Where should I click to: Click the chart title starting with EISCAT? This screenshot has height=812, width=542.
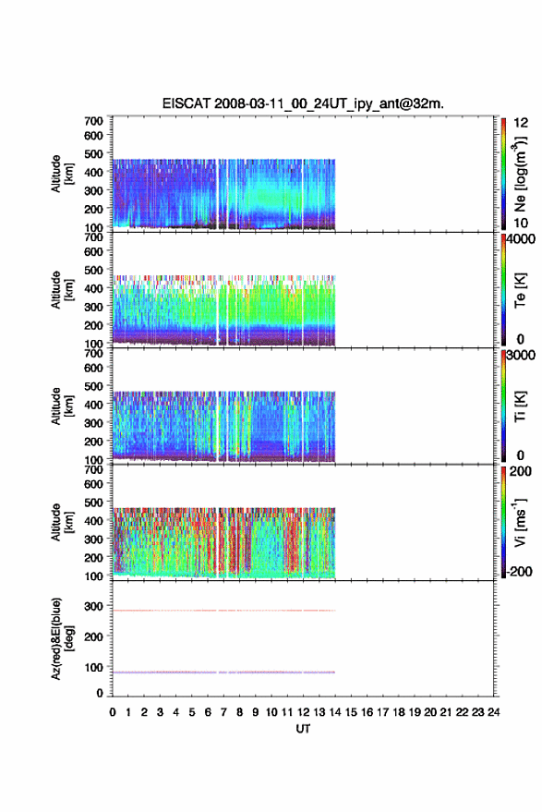(x=303, y=103)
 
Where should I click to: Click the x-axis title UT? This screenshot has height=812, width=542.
(x=303, y=729)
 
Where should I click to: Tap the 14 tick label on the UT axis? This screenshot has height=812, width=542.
(x=335, y=712)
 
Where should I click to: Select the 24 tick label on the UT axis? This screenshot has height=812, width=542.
(x=493, y=712)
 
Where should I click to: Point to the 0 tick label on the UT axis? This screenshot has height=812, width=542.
(x=113, y=712)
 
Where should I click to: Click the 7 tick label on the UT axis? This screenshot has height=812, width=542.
(x=223, y=712)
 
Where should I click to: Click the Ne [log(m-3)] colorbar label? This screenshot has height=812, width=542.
(x=520, y=174)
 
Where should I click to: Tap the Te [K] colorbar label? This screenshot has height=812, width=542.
(x=520, y=290)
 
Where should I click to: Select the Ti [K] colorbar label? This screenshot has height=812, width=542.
(x=520, y=406)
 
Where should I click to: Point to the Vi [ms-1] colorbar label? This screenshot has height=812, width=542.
(x=520, y=522)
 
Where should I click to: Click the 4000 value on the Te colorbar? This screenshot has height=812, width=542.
(x=521, y=239)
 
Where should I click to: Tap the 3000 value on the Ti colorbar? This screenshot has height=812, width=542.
(x=521, y=356)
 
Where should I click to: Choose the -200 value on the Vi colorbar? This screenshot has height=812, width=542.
(x=519, y=571)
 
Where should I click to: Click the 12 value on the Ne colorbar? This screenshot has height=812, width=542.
(x=521, y=123)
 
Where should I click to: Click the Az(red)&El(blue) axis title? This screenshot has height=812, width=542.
(x=62, y=638)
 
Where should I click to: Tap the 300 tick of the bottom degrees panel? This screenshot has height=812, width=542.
(x=93, y=606)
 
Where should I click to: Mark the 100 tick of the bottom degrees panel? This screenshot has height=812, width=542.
(x=93, y=668)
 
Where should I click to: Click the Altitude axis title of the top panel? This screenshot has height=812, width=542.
(x=62, y=174)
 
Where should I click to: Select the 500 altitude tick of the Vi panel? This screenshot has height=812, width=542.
(x=93, y=503)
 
